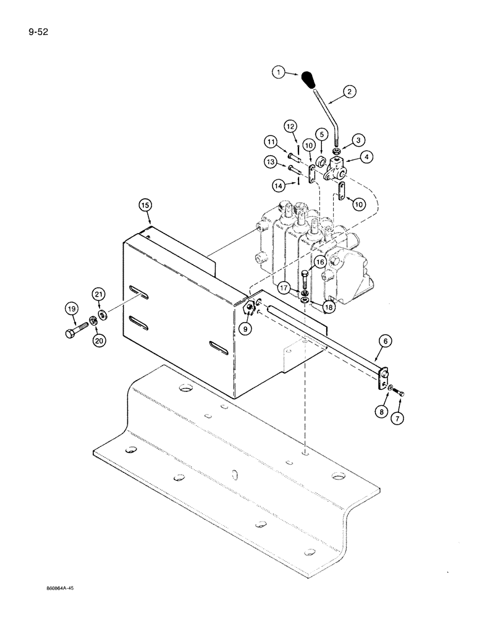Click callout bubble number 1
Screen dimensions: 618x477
[279, 73]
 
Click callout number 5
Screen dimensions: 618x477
[322, 133]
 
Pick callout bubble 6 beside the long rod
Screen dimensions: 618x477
[384, 341]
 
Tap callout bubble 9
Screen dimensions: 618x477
[246, 329]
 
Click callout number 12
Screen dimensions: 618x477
[291, 127]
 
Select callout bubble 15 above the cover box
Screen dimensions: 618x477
[145, 204]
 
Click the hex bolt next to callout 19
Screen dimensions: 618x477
[73, 334]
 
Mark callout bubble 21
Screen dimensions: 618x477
[99, 294]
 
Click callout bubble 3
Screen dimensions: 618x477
[357, 141]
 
